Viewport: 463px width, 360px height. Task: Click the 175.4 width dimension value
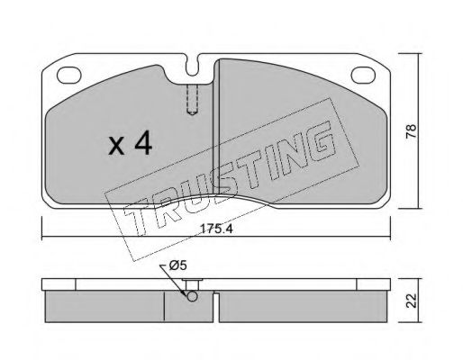[216, 229]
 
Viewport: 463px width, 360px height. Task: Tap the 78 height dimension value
[412, 131]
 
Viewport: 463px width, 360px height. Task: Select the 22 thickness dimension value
[412, 301]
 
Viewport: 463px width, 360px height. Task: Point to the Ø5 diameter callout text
[178, 265]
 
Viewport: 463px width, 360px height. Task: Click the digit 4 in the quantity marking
[143, 144]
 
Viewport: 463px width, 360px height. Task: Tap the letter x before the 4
[116, 146]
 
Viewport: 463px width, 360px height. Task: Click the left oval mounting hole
[69, 75]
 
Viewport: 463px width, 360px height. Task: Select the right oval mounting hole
[363, 75]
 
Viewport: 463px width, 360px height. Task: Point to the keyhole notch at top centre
[192, 65]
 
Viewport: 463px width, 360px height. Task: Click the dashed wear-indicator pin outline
[192, 99]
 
